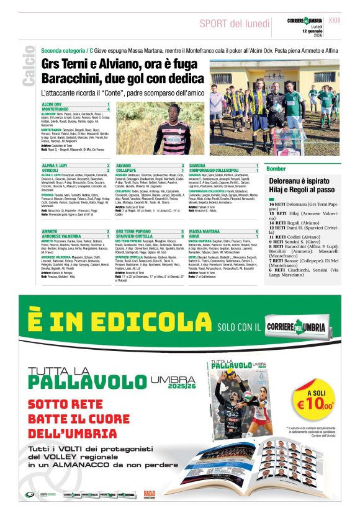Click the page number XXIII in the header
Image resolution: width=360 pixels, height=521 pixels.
tap(351, 20)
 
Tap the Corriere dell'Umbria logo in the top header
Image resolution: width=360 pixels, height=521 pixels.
tap(305, 21)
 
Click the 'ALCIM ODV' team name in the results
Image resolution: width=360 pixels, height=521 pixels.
tap(52, 104)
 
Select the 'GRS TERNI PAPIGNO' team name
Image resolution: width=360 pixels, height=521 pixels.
tap(136, 231)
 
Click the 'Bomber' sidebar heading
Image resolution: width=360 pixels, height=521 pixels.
tap(276, 169)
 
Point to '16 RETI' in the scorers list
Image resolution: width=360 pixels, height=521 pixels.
tap(277, 204)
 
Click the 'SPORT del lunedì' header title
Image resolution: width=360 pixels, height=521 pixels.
tap(235, 24)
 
